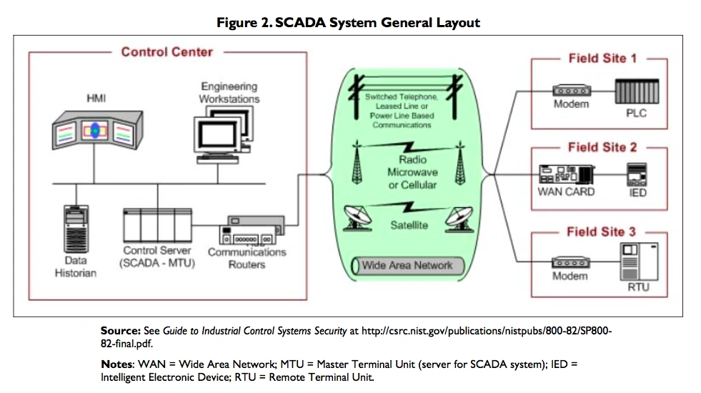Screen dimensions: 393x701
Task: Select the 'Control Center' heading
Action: tap(166, 52)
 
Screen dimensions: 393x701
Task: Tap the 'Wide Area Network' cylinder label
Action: tap(407, 266)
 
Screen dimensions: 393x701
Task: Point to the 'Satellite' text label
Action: tap(409, 225)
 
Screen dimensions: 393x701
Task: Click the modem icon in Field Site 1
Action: tap(570, 91)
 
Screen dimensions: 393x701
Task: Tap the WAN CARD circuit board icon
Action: tap(566, 175)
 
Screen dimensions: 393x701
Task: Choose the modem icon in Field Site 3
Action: tap(570, 263)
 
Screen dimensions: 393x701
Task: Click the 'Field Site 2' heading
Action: tap(602, 147)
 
